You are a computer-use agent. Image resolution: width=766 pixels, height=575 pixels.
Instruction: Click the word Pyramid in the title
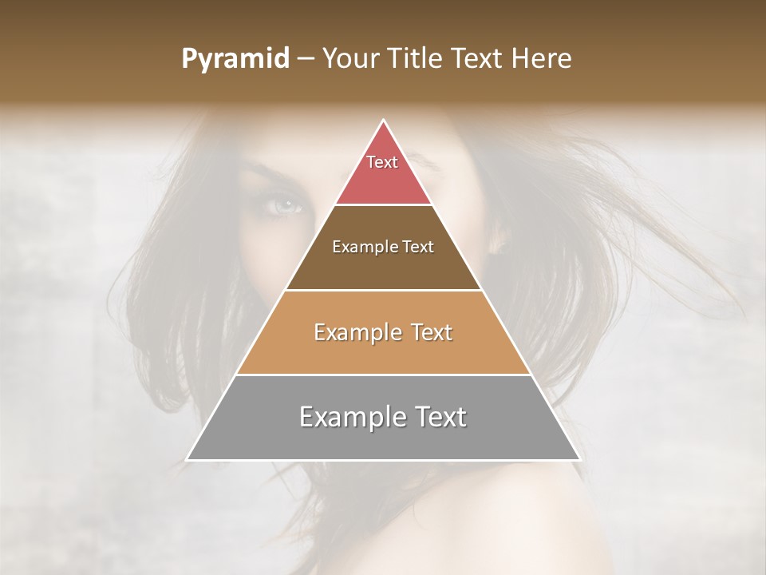tap(235, 59)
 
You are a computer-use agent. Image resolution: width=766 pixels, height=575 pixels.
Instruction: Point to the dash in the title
tap(306, 59)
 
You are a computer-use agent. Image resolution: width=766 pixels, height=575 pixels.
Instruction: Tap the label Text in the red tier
tap(382, 162)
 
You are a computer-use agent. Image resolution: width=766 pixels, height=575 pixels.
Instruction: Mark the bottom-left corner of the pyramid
tap(187, 460)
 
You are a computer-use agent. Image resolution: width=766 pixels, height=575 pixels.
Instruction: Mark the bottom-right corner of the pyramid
tap(580, 460)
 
